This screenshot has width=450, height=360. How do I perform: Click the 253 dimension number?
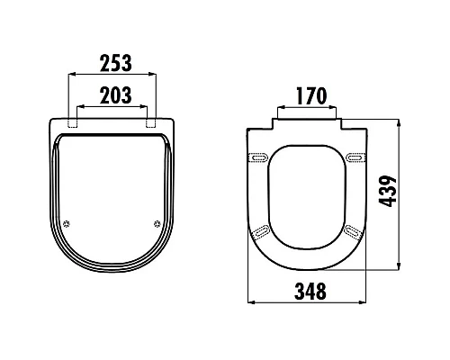[x=116, y=63]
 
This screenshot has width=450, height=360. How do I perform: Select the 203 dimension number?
[x=116, y=95]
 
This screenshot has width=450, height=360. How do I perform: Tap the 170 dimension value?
[x=311, y=95]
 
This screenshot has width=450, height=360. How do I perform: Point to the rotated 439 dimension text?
[x=387, y=192]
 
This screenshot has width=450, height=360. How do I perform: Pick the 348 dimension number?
[x=310, y=291]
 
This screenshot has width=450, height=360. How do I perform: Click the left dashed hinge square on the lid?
[x=73, y=122]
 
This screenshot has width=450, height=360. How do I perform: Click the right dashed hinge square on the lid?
[x=151, y=122]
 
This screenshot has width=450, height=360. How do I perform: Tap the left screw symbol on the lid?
[x=67, y=223]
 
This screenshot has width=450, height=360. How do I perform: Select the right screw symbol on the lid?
[x=157, y=223]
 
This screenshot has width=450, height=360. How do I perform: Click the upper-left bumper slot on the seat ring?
[x=257, y=157]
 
